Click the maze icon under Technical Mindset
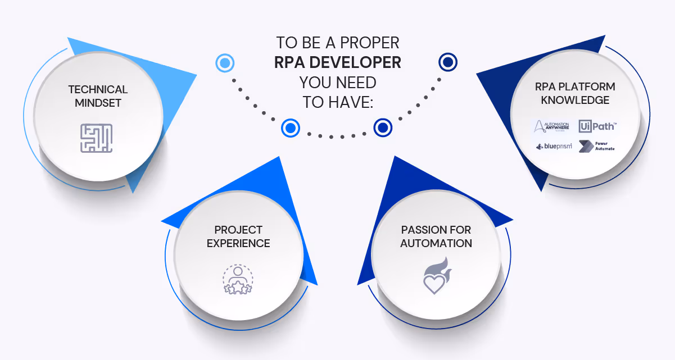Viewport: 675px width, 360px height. [x=96, y=138]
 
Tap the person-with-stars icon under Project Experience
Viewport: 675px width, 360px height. [x=238, y=279]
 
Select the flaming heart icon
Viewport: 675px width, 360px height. [x=436, y=276]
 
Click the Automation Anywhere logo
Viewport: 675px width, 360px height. [x=551, y=126]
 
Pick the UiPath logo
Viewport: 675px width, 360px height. [x=596, y=126]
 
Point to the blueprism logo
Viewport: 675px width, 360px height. [x=554, y=147]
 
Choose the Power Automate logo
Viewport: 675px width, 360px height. [x=597, y=146]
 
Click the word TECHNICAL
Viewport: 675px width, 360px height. [x=98, y=89]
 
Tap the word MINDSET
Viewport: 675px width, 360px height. [x=98, y=103]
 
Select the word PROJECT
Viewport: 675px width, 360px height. [x=238, y=230]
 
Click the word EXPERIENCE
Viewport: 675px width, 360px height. [x=238, y=244]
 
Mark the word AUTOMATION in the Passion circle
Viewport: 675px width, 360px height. [x=436, y=244]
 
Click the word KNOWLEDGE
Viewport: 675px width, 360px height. [x=575, y=101]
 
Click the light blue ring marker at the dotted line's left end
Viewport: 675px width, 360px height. [x=225, y=62]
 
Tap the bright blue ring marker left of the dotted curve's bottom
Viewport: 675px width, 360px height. [x=291, y=129]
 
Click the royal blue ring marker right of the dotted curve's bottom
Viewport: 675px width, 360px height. [x=383, y=127]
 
